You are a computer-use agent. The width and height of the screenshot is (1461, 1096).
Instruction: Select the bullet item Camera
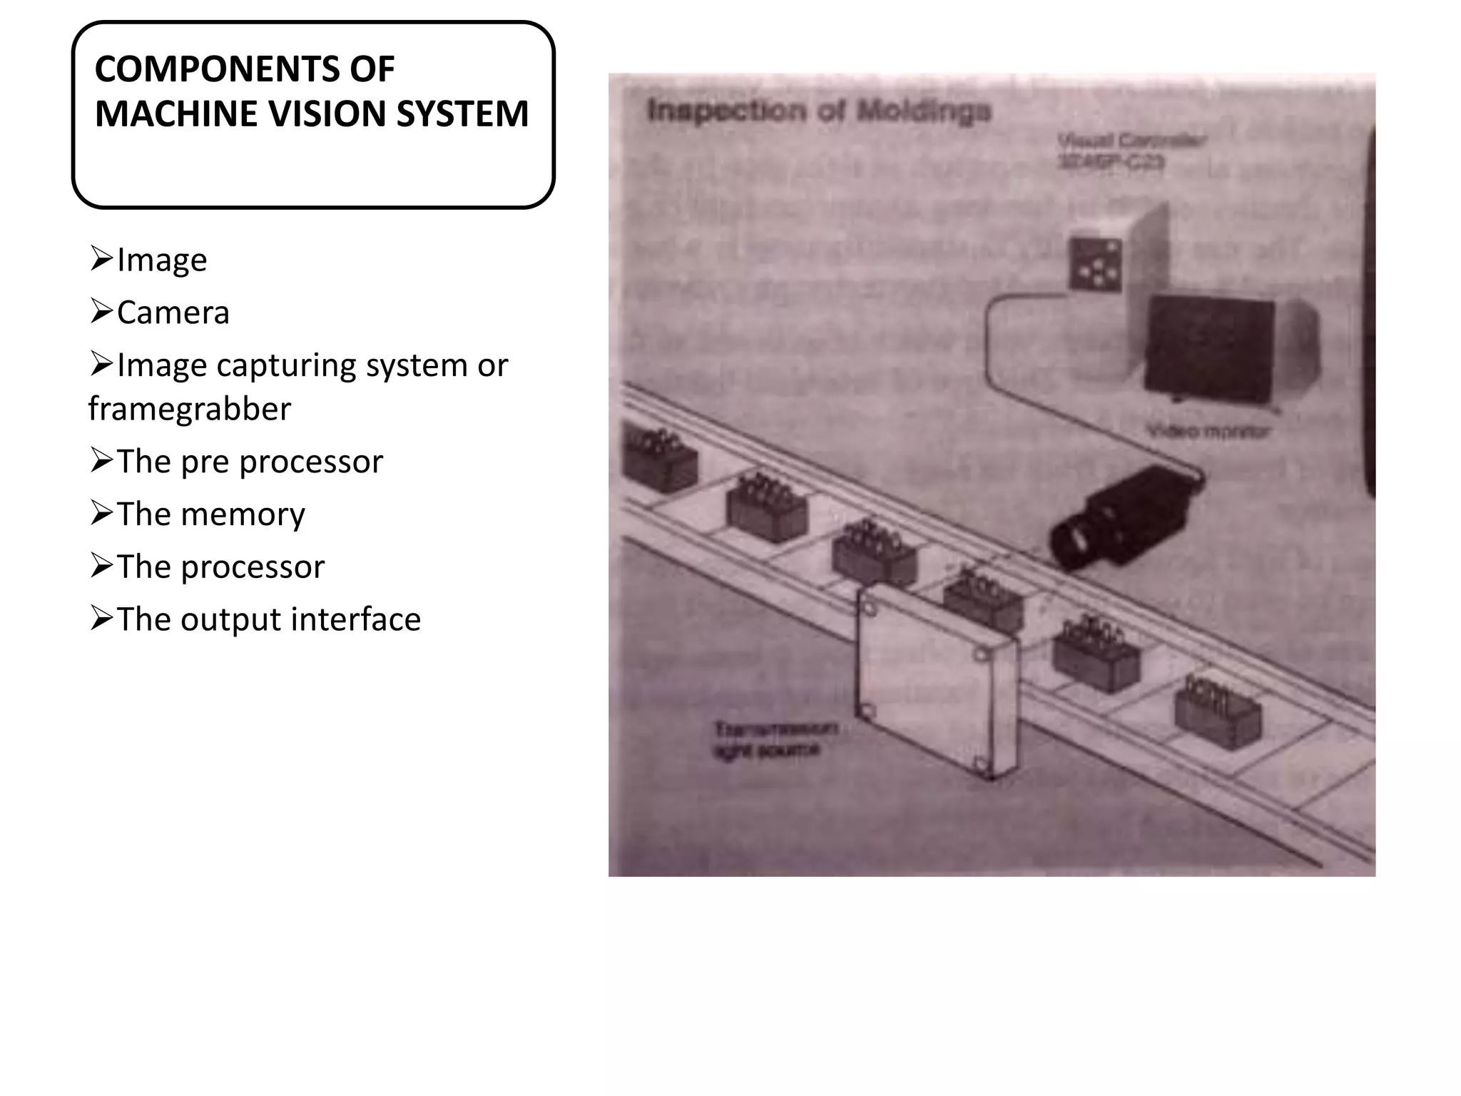click(173, 313)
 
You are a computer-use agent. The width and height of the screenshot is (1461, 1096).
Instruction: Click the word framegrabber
click(190, 409)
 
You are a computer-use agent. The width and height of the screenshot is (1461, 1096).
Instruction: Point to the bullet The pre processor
click(249, 462)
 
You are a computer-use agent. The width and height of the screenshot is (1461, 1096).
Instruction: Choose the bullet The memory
click(210, 514)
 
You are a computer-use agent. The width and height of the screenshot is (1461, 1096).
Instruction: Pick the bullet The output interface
click(268, 619)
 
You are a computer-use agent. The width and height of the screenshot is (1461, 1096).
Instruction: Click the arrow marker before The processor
click(101, 567)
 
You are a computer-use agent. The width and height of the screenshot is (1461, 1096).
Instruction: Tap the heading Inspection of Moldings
click(818, 111)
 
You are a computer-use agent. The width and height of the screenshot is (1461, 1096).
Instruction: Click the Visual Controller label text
click(1131, 151)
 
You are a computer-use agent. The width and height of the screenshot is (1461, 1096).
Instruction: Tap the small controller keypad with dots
click(1094, 263)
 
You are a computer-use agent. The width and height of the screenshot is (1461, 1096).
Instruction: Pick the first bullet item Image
click(161, 260)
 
